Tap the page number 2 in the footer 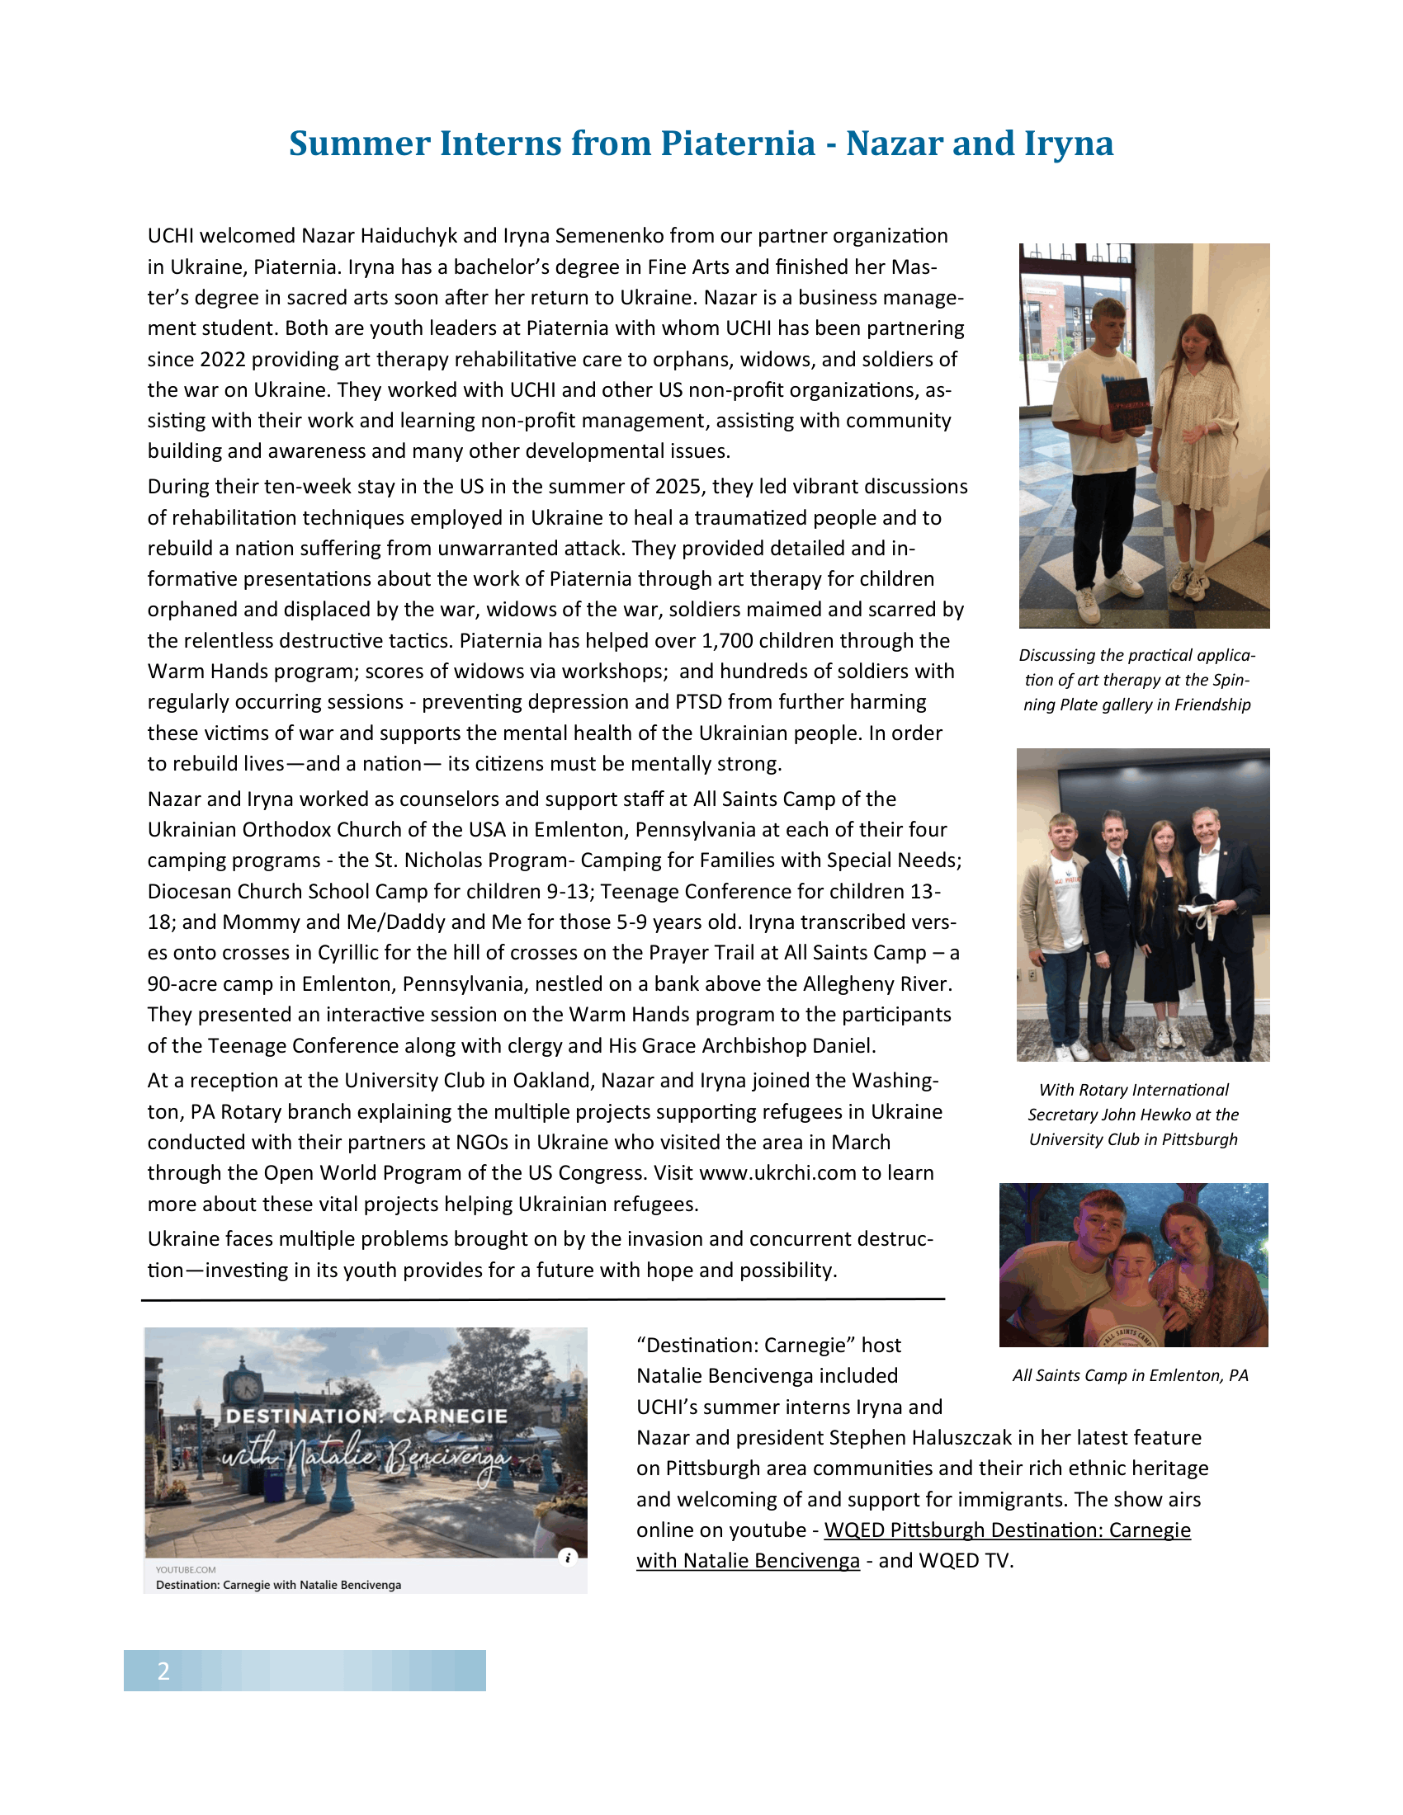point(163,1671)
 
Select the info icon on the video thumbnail point(568,1558)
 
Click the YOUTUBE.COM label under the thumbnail point(186,1570)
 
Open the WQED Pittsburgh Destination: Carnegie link point(1007,1530)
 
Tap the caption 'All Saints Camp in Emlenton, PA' point(1130,1375)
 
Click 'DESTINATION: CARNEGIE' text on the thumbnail point(366,1416)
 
